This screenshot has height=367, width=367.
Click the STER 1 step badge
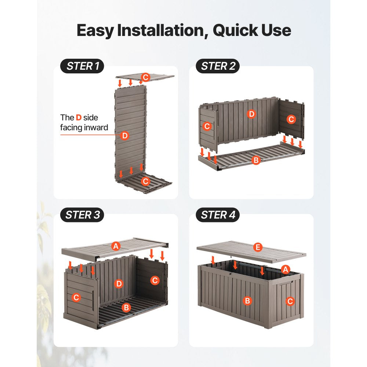(82, 66)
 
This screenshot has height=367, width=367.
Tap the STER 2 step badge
(218, 66)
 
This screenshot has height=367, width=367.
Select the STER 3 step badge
(82, 215)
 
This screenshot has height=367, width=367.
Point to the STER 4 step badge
(218, 215)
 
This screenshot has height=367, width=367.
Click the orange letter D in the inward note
(79, 117)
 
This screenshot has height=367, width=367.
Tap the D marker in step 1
(124, 135)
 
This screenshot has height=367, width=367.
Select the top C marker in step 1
(145, 77)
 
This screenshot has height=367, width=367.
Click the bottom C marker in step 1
(145, 181)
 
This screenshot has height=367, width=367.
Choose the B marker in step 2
(256, 160)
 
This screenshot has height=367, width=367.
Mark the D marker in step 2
(251, 114)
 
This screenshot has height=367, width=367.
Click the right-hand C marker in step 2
(291, 119)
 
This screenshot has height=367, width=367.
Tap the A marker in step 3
(116, 246)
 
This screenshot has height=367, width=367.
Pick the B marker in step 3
(126, 307)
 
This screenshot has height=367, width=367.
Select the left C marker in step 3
(76, 298)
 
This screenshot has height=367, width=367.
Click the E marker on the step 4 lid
(258, 247)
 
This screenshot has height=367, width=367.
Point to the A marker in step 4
(285, 269)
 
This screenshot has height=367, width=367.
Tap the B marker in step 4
(247, 301)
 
